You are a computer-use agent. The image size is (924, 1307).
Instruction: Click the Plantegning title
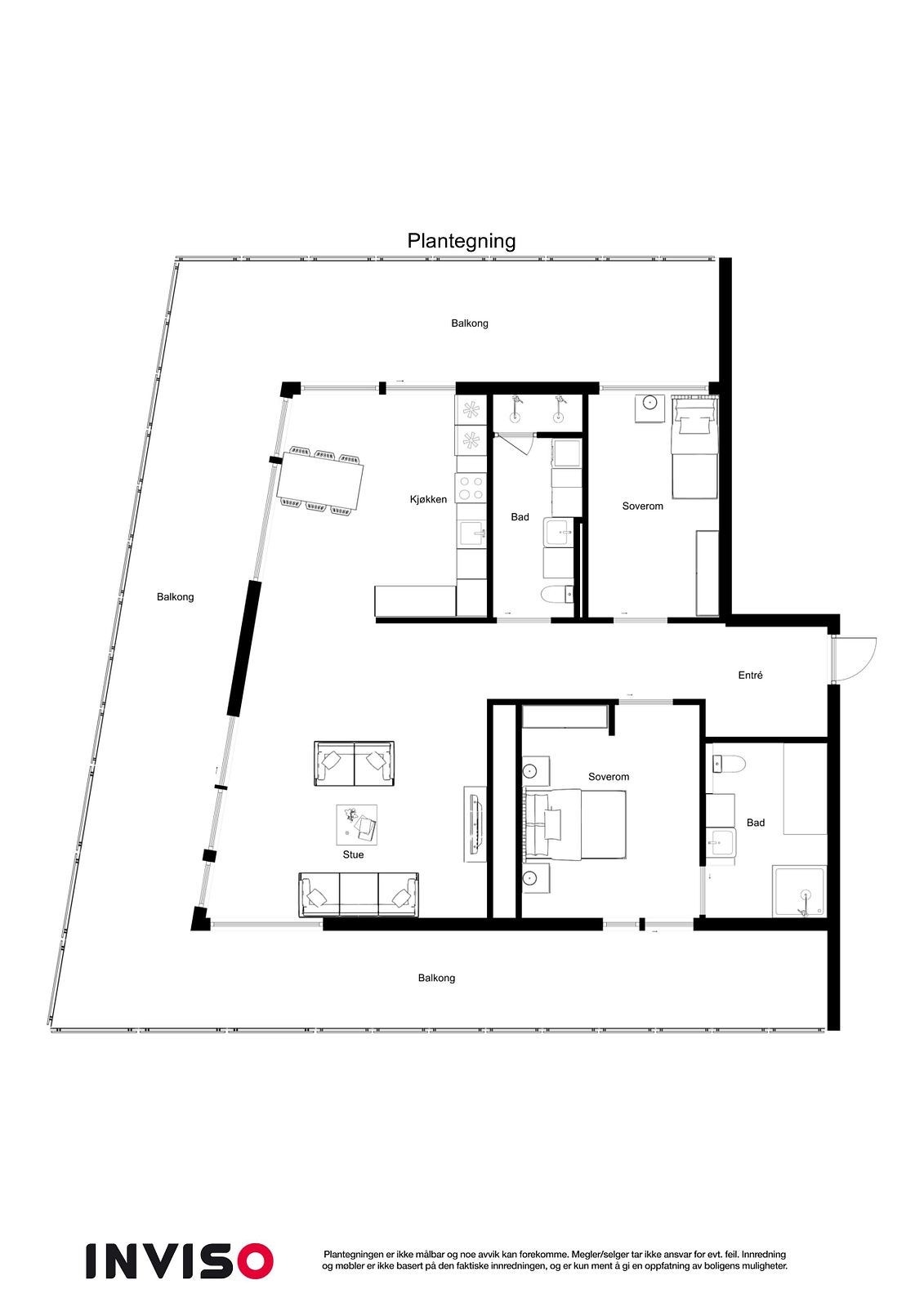[x=462, y=241]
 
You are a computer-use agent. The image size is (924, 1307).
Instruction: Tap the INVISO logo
[x=179, y=1260]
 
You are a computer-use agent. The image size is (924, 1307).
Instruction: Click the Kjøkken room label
[x=428, y=499]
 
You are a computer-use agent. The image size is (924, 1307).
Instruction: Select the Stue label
[x=353, y=854]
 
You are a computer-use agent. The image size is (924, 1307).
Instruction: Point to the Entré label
[x=750, y=676]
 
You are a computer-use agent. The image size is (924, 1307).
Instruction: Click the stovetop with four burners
[x=471, y=488]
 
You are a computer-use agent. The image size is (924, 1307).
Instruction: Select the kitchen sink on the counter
[x=471, y=534]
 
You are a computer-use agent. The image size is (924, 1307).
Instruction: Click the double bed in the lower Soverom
[x=575, y=825]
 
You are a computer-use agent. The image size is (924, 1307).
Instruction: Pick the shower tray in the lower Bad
[x=800, y=892]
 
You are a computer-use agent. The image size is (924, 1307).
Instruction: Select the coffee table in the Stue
[x=357, y=825]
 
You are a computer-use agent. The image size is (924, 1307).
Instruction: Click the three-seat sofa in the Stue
[x=359, y=895]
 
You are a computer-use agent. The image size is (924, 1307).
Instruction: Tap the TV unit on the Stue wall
[x=475, y=824]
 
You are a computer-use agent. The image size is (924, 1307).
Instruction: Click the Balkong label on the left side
[x=176, y=597]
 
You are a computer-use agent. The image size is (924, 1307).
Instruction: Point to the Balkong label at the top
[x=470, y=323]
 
